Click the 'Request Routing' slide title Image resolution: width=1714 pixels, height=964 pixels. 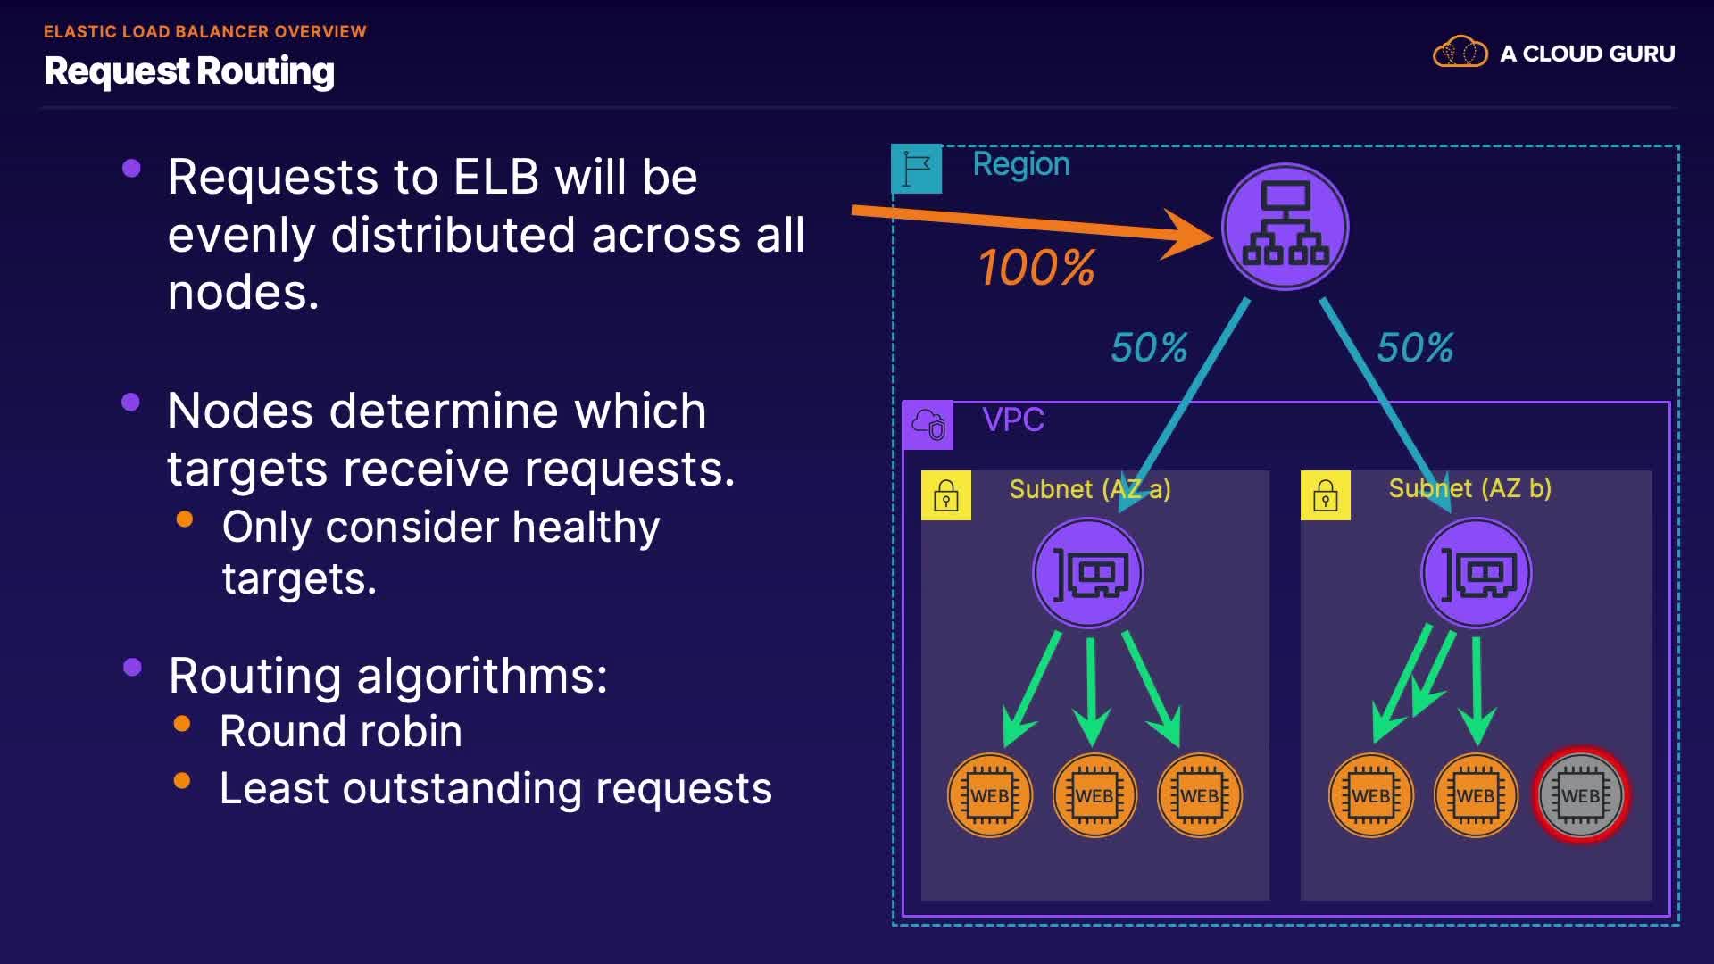pyautogui.click(x=189, y=71)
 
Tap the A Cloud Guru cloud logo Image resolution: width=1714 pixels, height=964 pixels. pyautogui.click(x=1460, y=53)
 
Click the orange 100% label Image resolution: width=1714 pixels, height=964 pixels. pyautogui.click(x=1036, y=268)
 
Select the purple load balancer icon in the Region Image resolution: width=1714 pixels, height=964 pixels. pyautogui.click(x=1285, y=227)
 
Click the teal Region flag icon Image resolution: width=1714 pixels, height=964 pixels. pyautogui.click(x=917, y=168)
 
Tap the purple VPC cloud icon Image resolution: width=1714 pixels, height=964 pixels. pyautogui.click(x=928, y=425)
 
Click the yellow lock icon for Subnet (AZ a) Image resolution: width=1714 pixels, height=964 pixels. pyautogui.click(x=946, y=495)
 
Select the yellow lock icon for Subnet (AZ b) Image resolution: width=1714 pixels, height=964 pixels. pyautogui.click(x=1326, y=495)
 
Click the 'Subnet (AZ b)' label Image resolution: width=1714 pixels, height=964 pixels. pyautogui.click(x=1469, y=488)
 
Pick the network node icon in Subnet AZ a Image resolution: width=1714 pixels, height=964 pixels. pyautogui.click(x=1088, y=574)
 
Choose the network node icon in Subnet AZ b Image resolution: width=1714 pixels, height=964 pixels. pyautogui.click(x=1477, y=574)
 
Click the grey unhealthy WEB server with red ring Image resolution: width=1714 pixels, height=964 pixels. pyautogui.click(x=1581, y=795)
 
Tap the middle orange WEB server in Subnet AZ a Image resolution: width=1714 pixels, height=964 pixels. pyautogui.click(x=1094, y=795)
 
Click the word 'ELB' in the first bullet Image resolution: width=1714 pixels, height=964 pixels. pyautogui.click(x=496, y=177)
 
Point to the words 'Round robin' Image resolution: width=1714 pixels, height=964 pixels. pyautogui.click(x=341, y=731)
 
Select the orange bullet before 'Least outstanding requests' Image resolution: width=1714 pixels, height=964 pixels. pyautogui.click(x=182, y=781)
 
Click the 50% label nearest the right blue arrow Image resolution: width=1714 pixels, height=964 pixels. pyautogui.click(x=1415, y=347)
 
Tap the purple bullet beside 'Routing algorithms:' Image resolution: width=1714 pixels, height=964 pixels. pyautogui.click(x=132, y=667)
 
